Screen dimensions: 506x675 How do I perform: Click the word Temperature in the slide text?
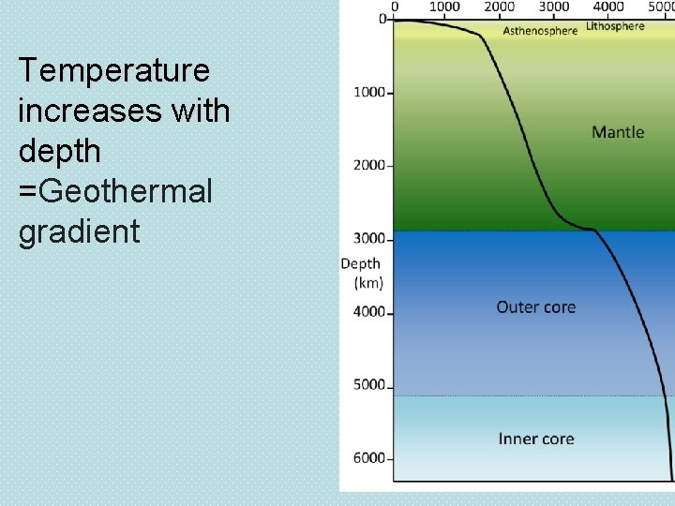(113, 71)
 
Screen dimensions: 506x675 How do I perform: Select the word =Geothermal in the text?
(114, 191)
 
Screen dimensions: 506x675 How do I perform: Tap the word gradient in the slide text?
(79, 231)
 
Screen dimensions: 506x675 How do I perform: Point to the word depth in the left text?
(59, 152)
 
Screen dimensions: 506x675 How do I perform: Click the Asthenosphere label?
(540, 31)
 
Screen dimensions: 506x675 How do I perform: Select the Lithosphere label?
(615, 26)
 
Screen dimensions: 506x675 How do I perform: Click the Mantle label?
(618, 132)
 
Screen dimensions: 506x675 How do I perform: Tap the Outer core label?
(535, 307)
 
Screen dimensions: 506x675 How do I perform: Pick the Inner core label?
(536, 439)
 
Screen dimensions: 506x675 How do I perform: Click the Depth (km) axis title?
(361, 273)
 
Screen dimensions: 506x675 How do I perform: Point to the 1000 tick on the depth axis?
(369, 92)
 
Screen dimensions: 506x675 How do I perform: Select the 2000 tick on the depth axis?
(369, 165)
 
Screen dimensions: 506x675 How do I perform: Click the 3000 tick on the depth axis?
(369, 238)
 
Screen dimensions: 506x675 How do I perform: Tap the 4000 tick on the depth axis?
(369, 311)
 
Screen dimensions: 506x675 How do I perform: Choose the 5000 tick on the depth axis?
(369, 384)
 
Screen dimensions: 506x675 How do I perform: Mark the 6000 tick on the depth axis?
(369, 457)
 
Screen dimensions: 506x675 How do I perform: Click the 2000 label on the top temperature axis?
(499, 7)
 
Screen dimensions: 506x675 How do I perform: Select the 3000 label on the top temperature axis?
(553, 7)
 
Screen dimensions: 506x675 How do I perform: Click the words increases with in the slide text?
(124, 112)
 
